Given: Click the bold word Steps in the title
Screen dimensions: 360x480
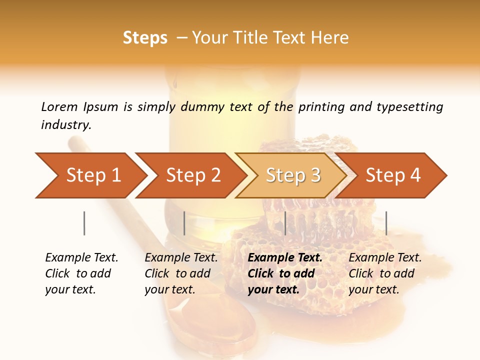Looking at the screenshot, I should [x=145, y=38].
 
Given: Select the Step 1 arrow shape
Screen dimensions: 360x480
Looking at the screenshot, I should [x=90, y=175].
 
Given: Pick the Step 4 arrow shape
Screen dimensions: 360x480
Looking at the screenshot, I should [x=393, y=175].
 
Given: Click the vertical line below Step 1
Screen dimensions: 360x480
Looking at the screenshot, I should [x=84, y=223].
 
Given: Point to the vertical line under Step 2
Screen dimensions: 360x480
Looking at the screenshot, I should [x=184, y=223].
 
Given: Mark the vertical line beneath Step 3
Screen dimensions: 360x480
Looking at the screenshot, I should [x=285, y=223].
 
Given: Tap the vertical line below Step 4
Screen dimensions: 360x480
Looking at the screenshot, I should [x=386, y=223].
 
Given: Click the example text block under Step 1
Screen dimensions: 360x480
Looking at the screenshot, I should [x=81, y=273].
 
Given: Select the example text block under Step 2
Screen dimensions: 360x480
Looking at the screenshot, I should [x=180, y=273].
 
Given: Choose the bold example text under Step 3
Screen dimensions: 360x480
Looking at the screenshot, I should [x=284, y=273].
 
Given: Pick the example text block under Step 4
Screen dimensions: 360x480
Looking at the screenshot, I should [x=384, y=273].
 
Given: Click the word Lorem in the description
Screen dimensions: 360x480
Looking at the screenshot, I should [x=59, y=106].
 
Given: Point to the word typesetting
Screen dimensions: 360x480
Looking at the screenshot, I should [x=409, y=106].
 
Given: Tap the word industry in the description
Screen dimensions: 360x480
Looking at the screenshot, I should [x=66, y=125].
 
